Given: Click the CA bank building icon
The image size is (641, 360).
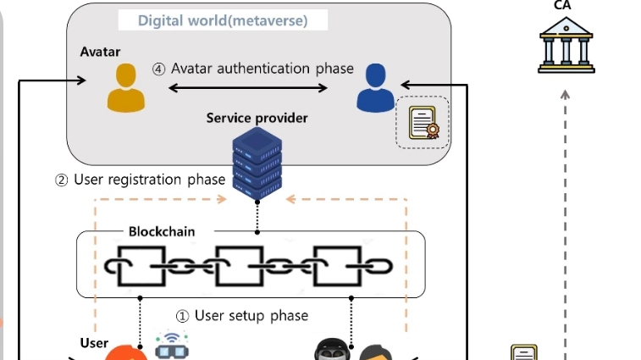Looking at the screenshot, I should (x=566, y=45).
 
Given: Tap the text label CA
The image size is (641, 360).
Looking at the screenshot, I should (x=562, y=6).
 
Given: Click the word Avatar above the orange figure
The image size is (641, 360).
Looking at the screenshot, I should (x=100, y=52).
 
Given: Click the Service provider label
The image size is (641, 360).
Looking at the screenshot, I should (x=257, y=118).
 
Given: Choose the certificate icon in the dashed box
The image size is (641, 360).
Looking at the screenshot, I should (x=423, y=124).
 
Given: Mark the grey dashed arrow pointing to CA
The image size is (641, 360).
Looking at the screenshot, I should (x=565, y=212).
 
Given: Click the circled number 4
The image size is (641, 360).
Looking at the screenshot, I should (x=158, y=69).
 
